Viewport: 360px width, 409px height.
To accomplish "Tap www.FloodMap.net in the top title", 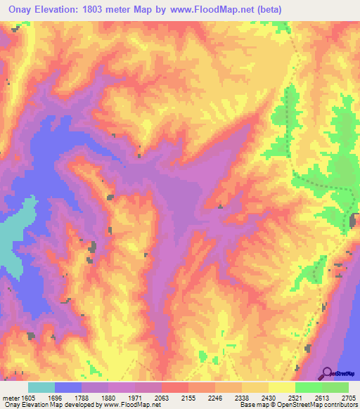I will tap(216, 8).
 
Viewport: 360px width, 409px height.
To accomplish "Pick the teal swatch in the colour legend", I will tap(41, 387).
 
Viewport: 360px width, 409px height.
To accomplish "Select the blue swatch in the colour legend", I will tap(68, 387).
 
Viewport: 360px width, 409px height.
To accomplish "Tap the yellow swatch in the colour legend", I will tap(282, 387).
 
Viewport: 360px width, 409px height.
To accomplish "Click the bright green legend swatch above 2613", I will tap(309, 387).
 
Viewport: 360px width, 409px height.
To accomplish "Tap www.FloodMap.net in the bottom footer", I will tap(124, 405).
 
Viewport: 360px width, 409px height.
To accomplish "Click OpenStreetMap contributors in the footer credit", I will tap(324, 405).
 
